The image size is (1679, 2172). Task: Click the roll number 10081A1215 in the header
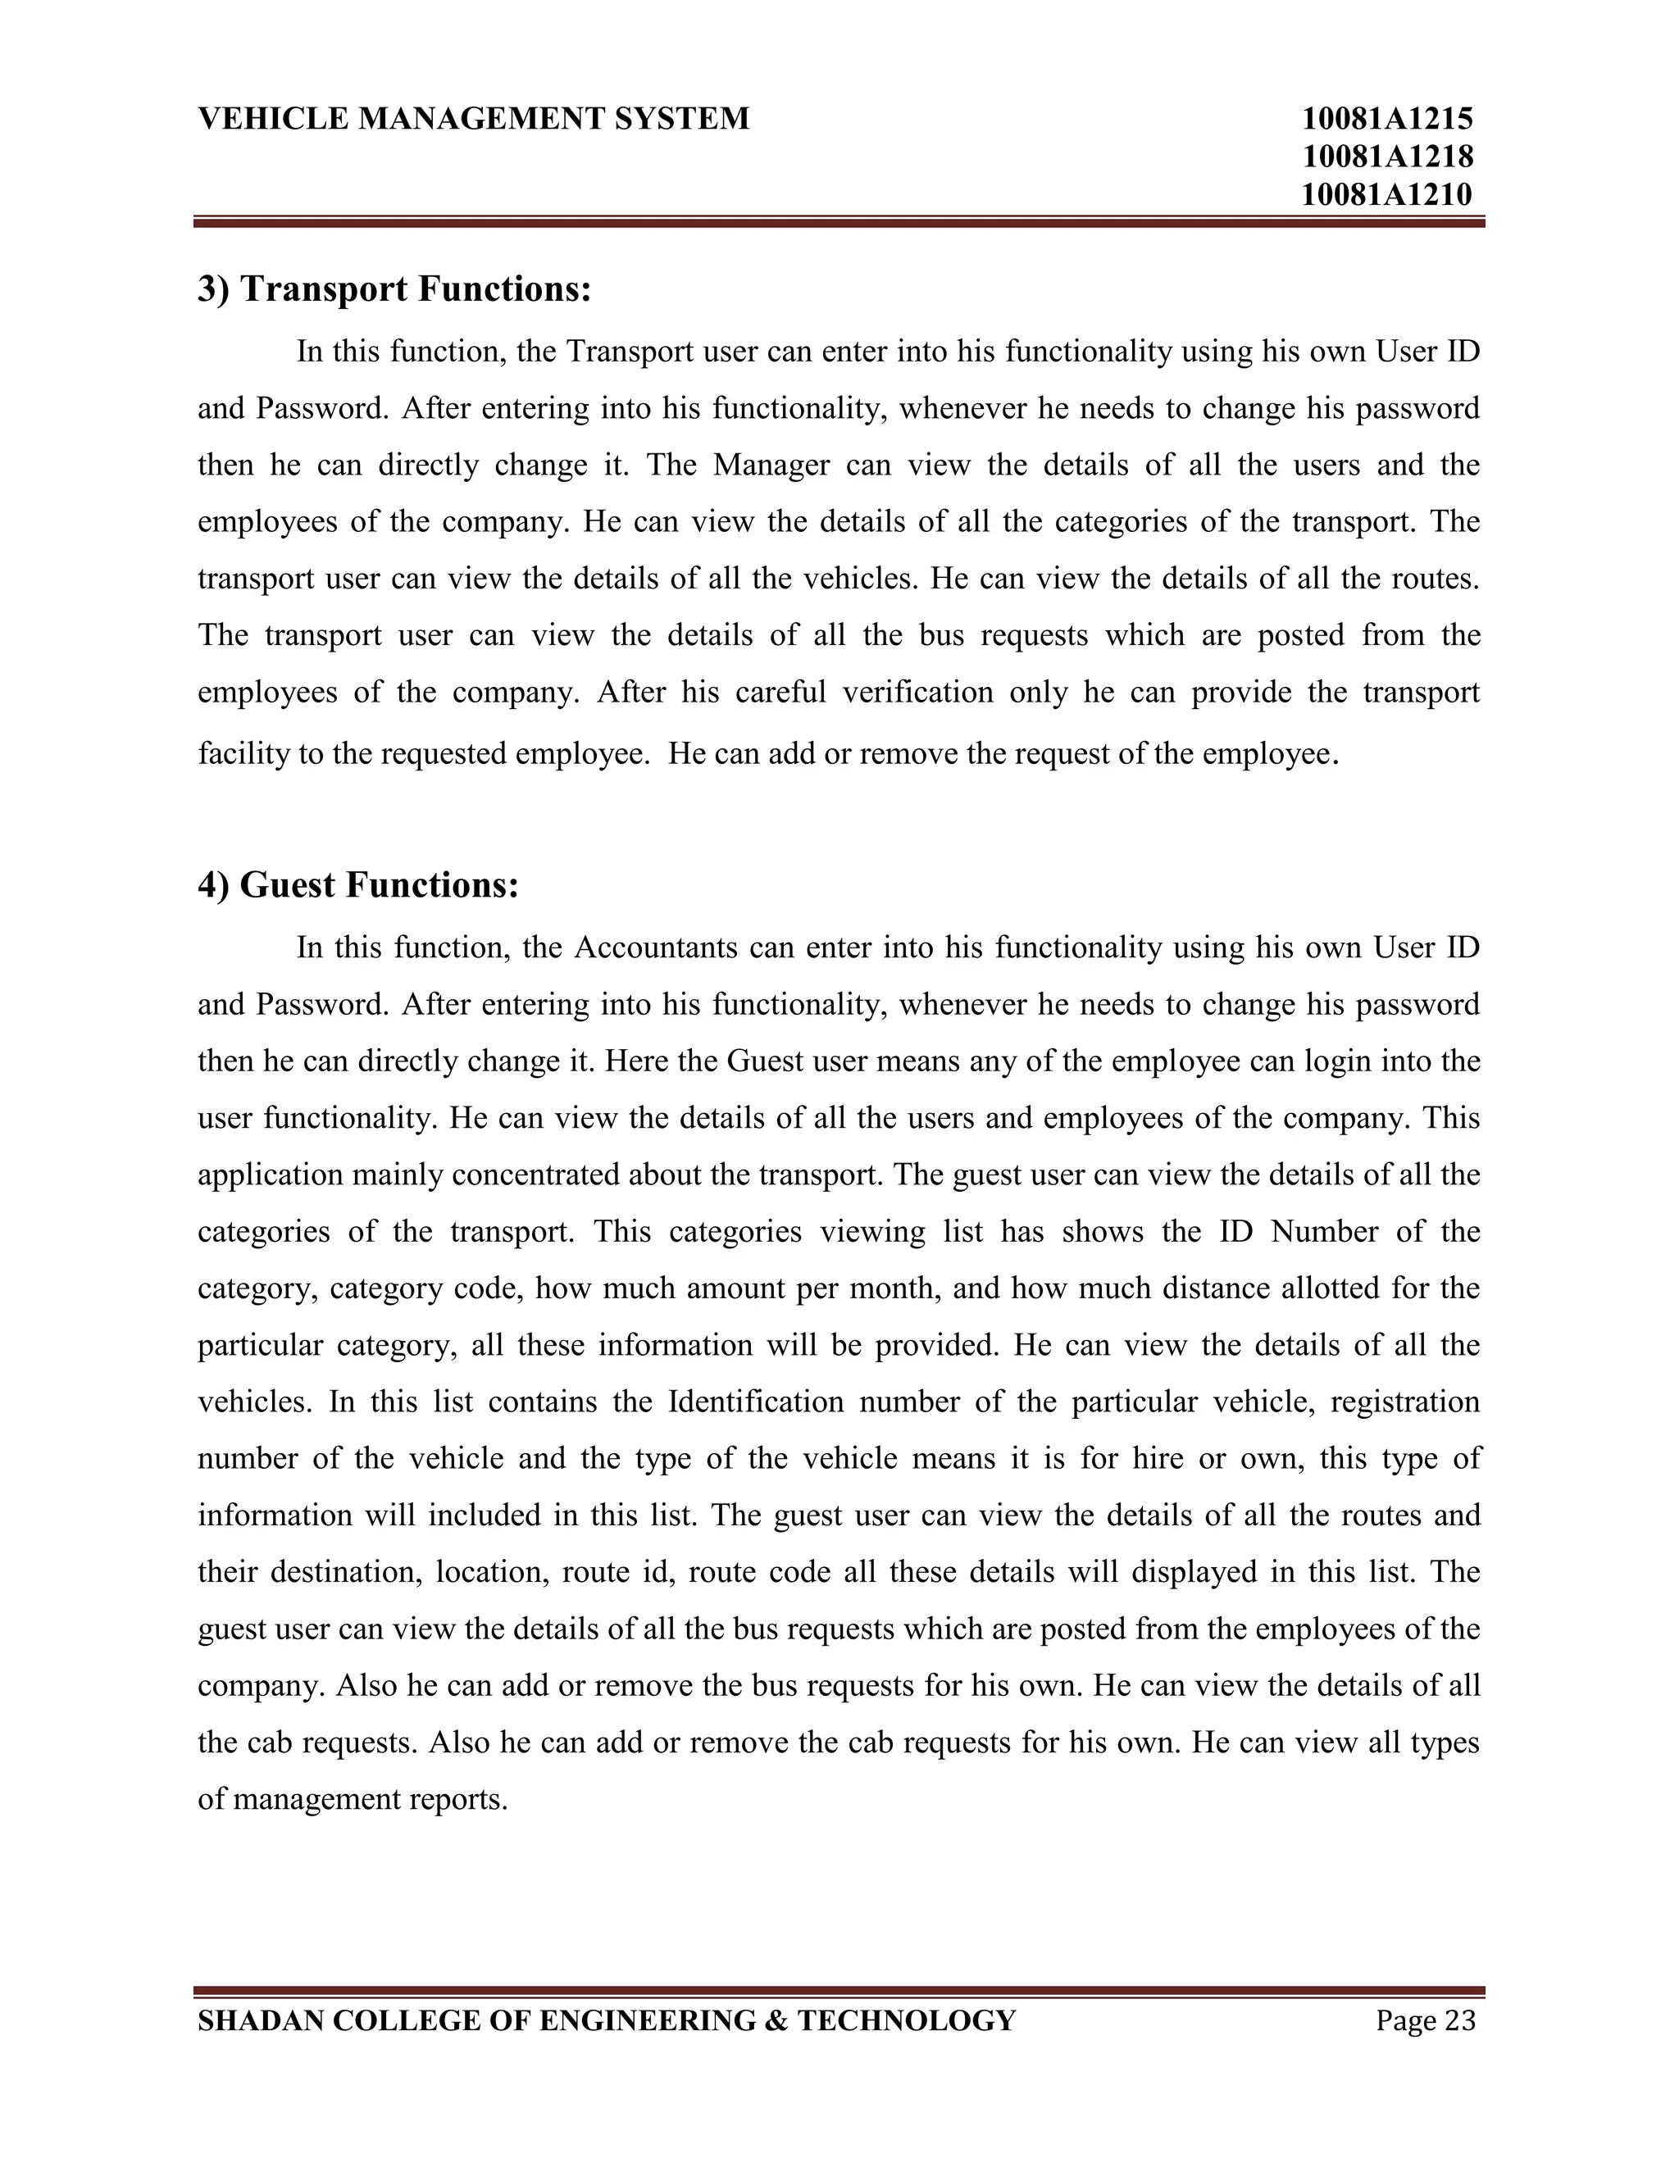1386,120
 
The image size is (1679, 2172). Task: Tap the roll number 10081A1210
1386,195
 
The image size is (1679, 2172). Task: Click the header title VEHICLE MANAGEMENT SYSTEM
474,120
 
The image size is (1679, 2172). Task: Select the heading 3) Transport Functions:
395,289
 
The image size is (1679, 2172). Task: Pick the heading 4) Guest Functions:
358,885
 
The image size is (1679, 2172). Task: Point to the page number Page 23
1426,2021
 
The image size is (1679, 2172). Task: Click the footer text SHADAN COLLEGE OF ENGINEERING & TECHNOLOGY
607,2021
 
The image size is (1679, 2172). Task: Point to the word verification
917,693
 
